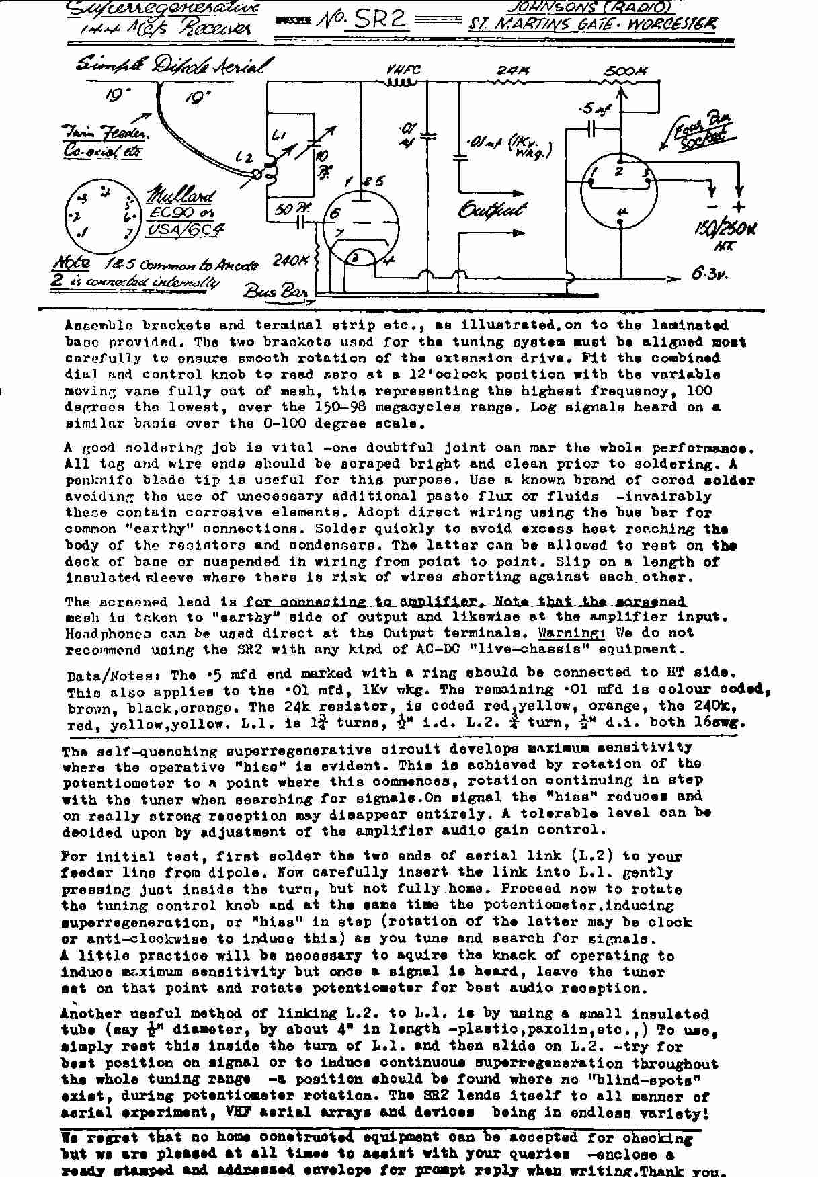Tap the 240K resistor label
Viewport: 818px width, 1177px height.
[x=290, y=259]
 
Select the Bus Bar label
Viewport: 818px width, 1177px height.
[x=275, y=291]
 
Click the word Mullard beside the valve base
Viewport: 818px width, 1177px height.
[x=180, y=196]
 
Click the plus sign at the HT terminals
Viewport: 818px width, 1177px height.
[x=739, y=207]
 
